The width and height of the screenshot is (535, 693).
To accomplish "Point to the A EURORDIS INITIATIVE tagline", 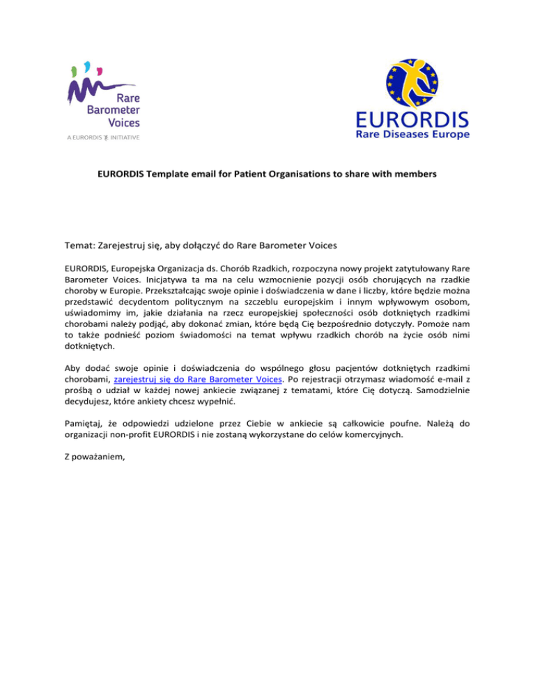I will (104, 137).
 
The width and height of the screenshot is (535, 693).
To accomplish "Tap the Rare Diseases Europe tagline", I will (413, 134).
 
